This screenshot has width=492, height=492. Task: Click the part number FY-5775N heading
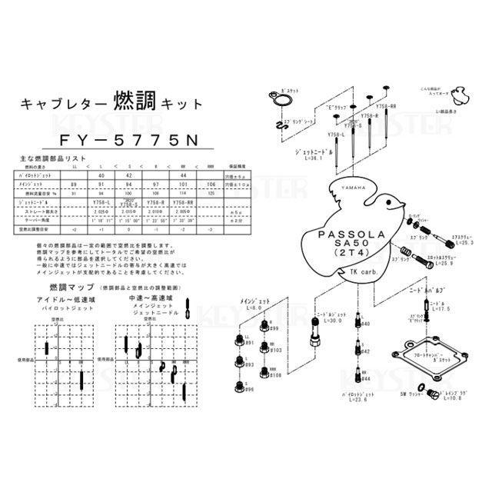(x=120, y=141)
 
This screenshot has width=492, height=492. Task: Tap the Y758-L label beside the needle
(x=337, y=135)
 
